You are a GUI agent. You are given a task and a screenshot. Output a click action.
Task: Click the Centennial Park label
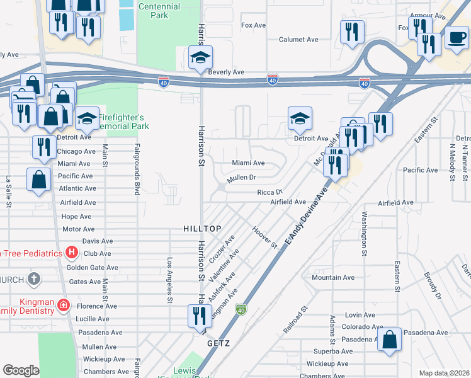[159, 11]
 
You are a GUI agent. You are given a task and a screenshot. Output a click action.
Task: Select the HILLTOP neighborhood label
[200, 227]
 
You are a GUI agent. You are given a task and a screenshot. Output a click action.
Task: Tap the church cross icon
[33, 278]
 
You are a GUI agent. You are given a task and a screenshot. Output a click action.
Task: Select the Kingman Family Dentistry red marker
[63, 306]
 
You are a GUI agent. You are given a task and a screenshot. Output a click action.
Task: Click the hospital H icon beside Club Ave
[72, 253]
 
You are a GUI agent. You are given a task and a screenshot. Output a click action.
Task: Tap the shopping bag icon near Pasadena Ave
[390, 340]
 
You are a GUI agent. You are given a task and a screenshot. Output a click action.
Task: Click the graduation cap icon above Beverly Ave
[200, 57]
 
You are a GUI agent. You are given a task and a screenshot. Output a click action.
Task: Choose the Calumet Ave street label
[298, 39]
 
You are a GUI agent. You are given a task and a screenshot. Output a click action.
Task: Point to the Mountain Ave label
[333, 277]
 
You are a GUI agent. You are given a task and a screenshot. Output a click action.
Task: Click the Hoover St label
[264, 238]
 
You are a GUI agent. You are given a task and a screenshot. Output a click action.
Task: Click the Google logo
[21, 370]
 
